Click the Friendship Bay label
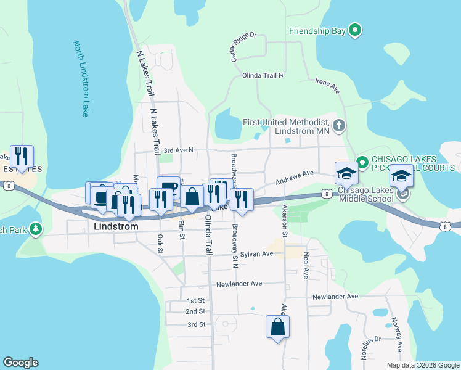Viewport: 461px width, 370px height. click(x=317, y=30)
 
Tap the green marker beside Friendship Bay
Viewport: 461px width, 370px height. click(x=354, y=30)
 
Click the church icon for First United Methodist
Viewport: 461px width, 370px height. click(x=338, y=126)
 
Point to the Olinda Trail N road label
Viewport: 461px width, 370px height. click(x=263, y=75)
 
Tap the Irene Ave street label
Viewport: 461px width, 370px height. click(x=327, y=86)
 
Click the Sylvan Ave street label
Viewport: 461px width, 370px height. click(x=256, y=254)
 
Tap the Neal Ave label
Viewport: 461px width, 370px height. click(x=305, y=265)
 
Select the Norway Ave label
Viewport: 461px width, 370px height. click(x=396, y=334)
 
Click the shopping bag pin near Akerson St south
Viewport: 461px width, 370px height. click(x=277, y=327)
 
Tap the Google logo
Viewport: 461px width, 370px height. click(x=20, y=363)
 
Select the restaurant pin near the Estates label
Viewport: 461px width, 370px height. click(x=22, y=157)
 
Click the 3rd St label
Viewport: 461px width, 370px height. click(x=195, y=324)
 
